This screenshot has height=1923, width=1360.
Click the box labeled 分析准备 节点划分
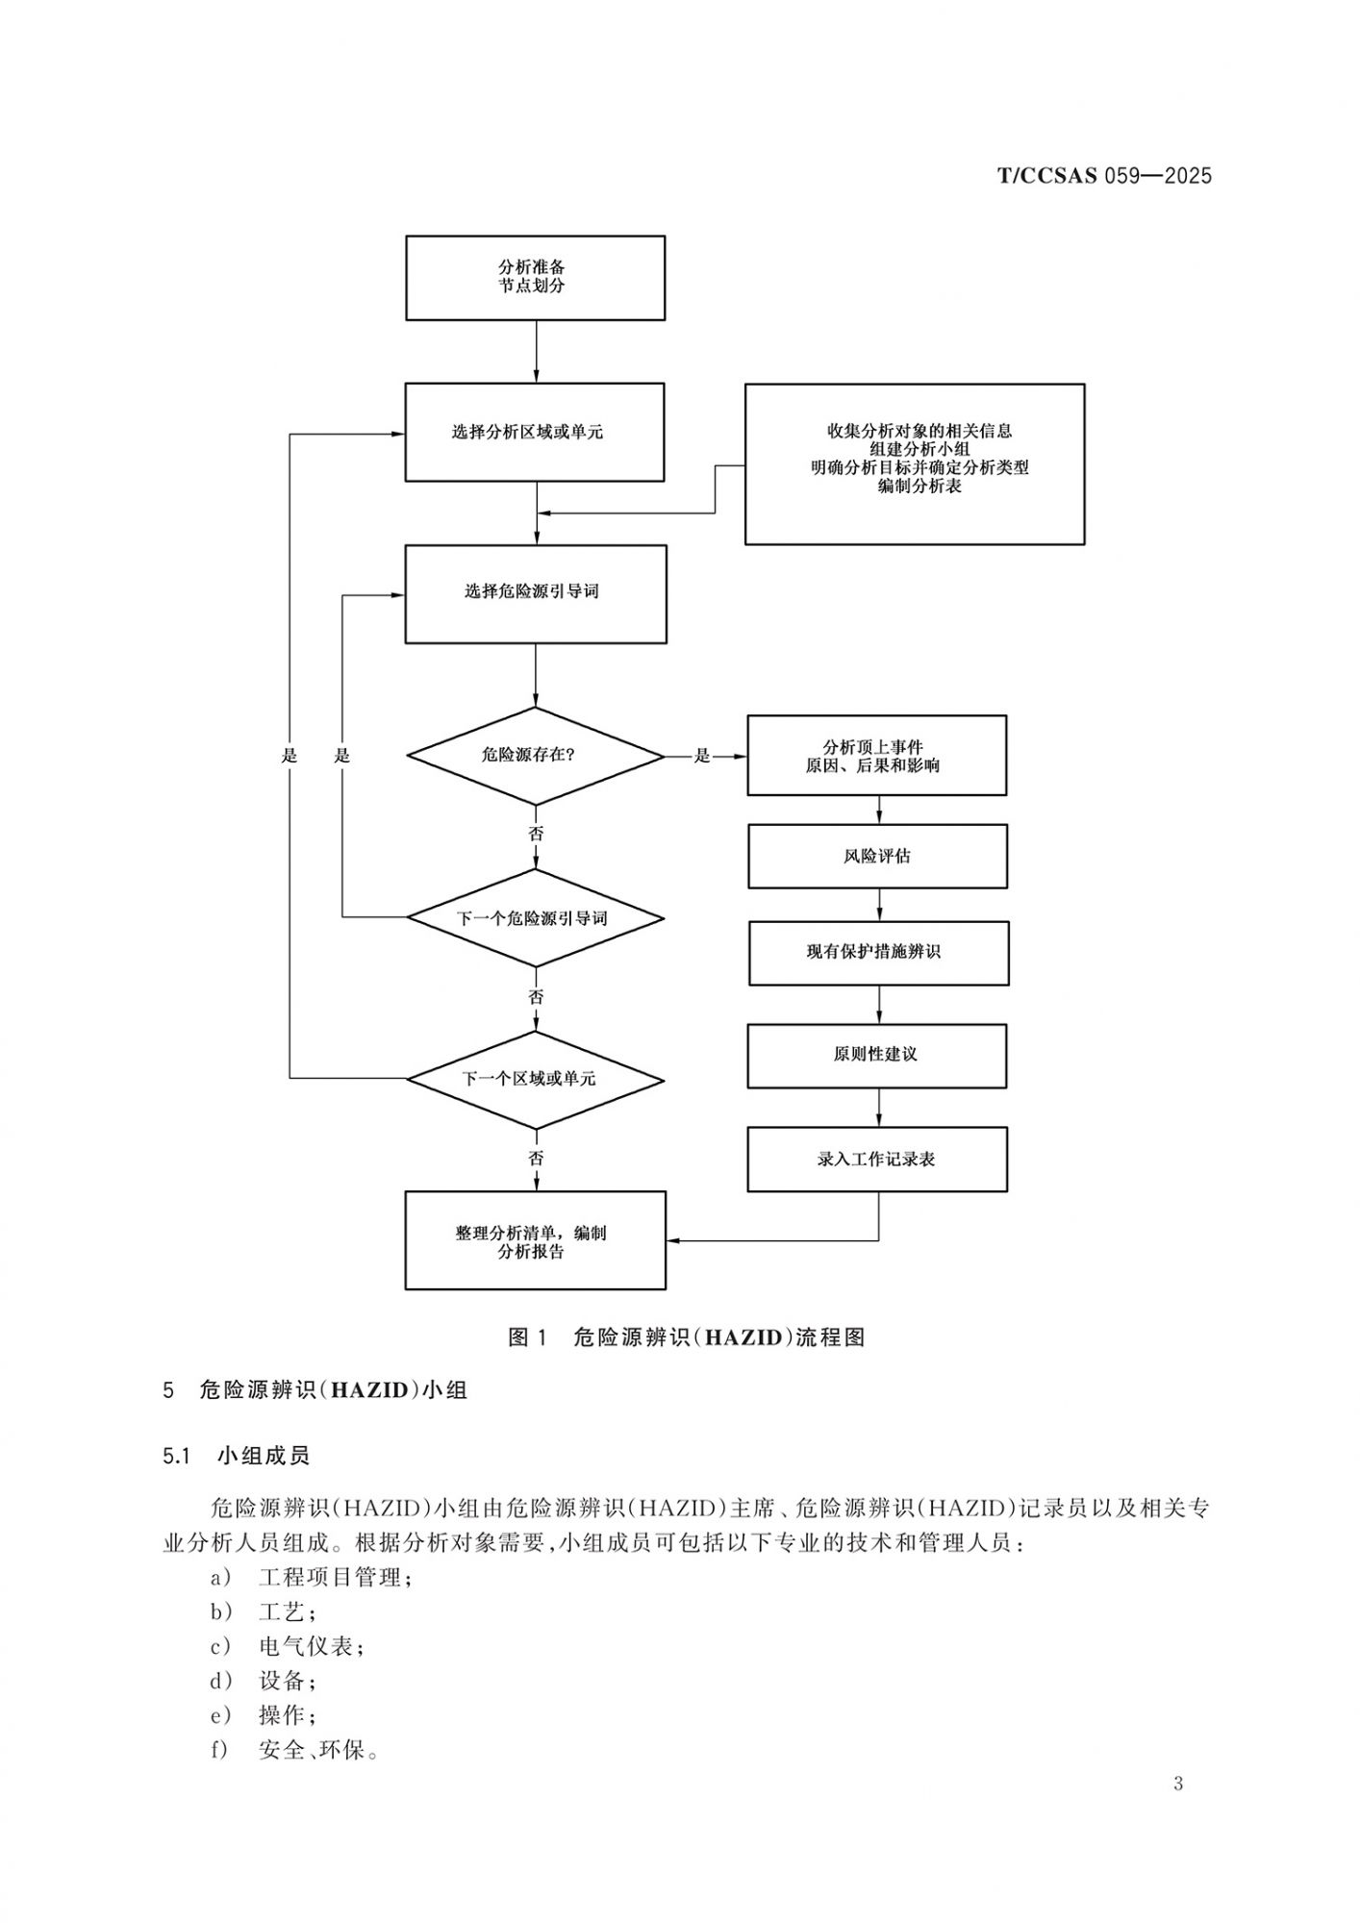pyautogui.click(x=535, y=277)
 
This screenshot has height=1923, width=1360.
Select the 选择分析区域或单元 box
pyautogui.click(x=534, y=432)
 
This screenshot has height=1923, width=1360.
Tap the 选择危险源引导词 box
pyautogui.click(x=535, y=593)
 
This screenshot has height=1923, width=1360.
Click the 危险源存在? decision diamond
pyautogui.click(x=535, y=756)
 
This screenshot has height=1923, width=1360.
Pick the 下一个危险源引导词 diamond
pyautogui.click(x=535, y=918)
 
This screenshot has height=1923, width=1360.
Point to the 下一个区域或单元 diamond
pyautogui.click(x=535, y=1080)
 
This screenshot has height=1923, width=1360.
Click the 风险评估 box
pyautogui.click(x=877, y=856)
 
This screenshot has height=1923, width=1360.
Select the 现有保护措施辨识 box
pyautogui.click(x=878, y=953)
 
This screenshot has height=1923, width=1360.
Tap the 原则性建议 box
pyautogui.click(x=876, y=1055)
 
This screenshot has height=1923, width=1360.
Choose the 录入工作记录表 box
pyautogui.click(x=877, y=1159)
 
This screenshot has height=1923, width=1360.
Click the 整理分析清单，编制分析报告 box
pyautogui.click(x=535, y=1240)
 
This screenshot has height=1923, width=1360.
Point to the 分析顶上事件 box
pyautogui.click(x=876, y=756)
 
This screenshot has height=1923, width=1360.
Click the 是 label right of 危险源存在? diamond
pyautogui.click(x=702, y=756)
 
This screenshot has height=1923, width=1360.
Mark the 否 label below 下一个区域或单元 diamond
pyautogui.click(x=536, y=1159)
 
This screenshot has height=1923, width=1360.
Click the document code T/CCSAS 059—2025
pyautogui.click(x=1104, y=176)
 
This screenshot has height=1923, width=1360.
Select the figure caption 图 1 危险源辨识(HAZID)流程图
pyautogui.click(x=687, y=1337)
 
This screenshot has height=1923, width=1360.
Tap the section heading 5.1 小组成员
pyautogui.click(x=236, y=1456)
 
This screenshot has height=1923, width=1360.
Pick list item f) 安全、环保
pyautogui.click(x=294, y=1750)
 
